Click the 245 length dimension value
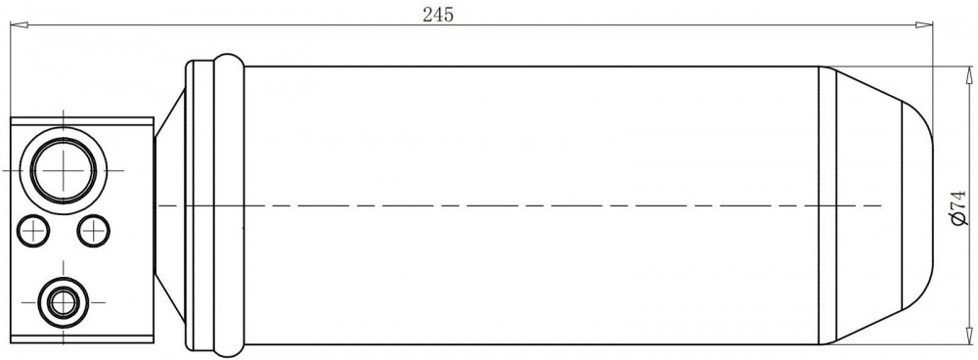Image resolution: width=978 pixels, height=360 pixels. point(438,15)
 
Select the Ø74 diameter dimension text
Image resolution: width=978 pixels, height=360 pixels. point(959,208)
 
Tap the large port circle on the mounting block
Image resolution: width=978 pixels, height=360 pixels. point(64,169)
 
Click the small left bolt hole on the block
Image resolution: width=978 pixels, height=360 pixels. point(32,231)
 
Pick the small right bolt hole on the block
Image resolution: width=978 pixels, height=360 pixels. point(94,231)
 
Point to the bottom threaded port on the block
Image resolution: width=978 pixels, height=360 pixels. point(63,302)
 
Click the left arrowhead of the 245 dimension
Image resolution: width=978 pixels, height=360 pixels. point(20,25)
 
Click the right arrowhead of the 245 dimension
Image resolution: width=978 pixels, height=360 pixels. point(924,25)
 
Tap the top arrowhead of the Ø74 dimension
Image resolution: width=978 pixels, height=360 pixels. point(968,75)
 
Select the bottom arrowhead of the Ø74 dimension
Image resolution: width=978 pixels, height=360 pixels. point(968,336)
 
